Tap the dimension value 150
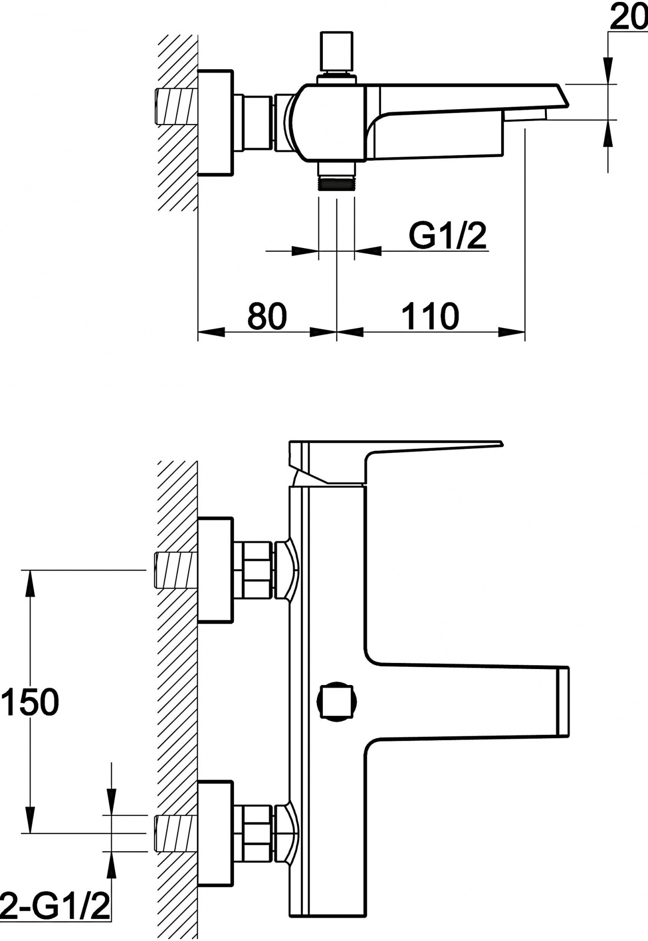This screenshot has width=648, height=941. [30, 702]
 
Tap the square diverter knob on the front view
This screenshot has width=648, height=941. [337, 702]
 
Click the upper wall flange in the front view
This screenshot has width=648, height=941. [216, 570]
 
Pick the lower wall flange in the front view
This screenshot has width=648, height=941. [216, 833]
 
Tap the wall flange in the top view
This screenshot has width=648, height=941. [216, 123]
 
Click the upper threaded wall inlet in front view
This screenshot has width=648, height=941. [175, 570]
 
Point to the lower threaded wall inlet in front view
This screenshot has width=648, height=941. [175, 834]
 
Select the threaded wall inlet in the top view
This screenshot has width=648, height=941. [175, 106]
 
